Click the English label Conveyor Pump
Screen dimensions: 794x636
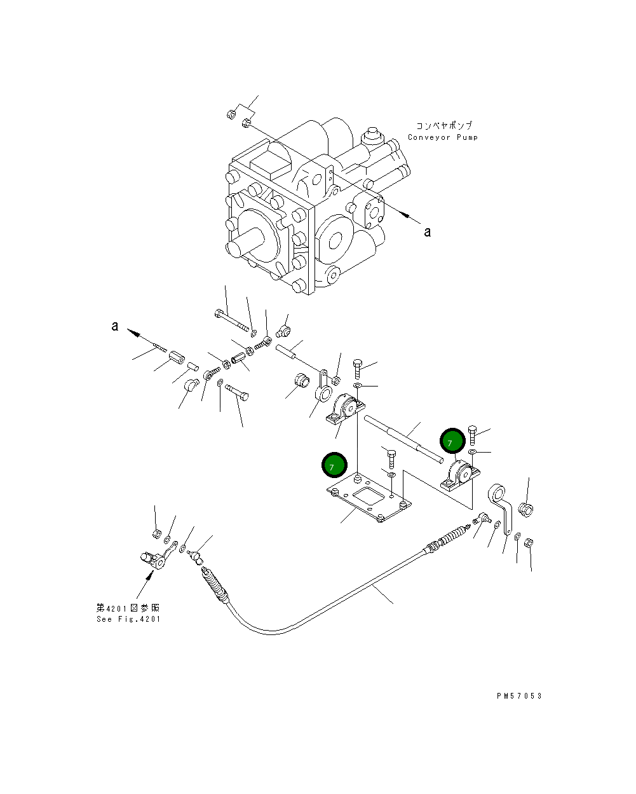pos(442,137)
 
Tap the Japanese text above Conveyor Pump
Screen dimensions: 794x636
pos(444,126)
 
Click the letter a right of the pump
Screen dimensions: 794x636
pos(428,232)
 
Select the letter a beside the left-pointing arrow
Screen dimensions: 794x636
pos(114,326)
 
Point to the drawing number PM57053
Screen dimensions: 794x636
pos(519,696)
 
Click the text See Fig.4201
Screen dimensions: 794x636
pos(128,619)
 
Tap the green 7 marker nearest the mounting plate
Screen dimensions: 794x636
pos(334,465)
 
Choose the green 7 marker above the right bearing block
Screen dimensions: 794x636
pos(452,440)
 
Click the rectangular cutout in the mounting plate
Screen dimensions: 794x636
pos(367,494)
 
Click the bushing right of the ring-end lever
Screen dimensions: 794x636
pos(526,509)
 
